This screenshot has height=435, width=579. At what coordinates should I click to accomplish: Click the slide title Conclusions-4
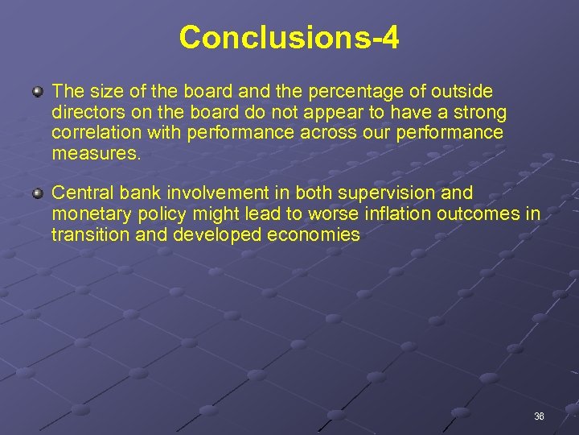point(289,37)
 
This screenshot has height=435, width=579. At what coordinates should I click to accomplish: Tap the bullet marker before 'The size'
point(38,93)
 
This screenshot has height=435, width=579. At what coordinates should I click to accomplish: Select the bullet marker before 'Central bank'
point(38,194)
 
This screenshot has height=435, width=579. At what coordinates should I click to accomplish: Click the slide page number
point(539,416)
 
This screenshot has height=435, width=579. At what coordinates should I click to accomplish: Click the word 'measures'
point(95,153)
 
